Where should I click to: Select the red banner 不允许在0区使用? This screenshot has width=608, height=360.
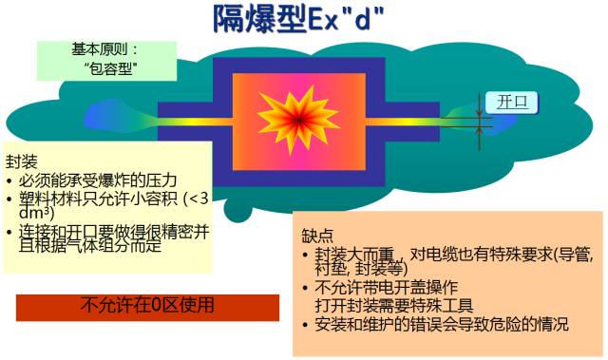[x=147, y=306]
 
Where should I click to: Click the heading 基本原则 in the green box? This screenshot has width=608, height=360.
[x=105, y=47]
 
